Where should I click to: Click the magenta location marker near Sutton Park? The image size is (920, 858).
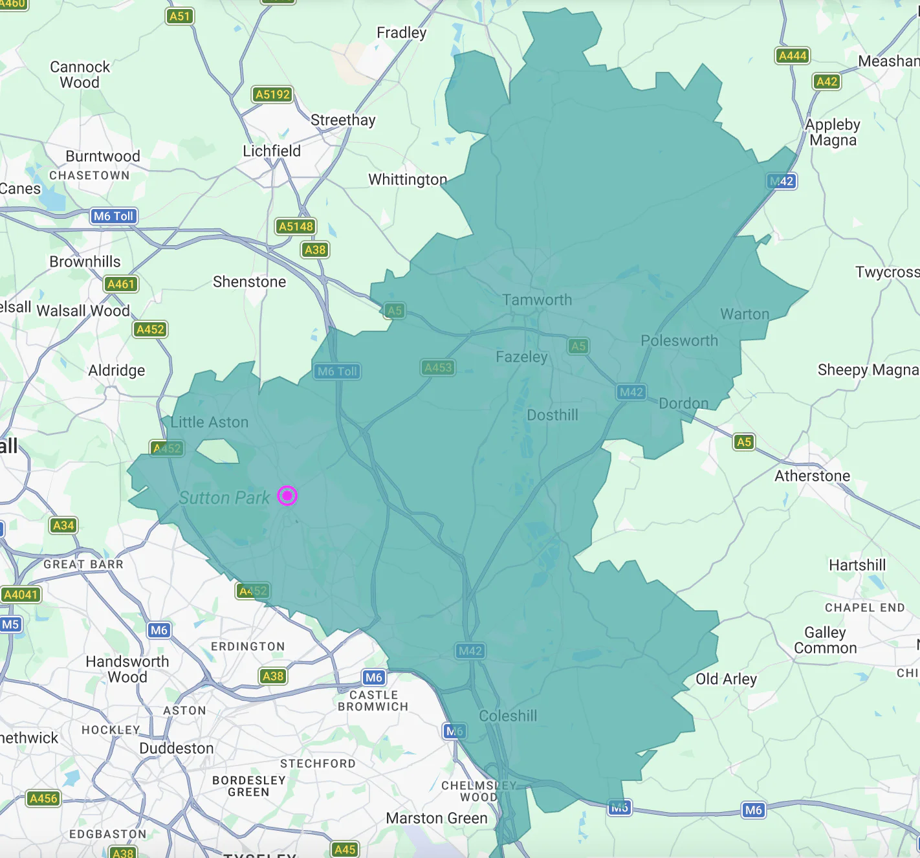[x=287, y=496]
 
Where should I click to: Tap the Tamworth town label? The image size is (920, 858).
[x=537, y=300]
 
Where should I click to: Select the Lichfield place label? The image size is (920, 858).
[x=272, y=151]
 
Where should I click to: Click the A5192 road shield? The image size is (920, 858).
[x=272, y=94]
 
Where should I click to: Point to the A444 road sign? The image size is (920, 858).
[x=793, y=56]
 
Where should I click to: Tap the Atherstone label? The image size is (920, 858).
[x=813, y=476]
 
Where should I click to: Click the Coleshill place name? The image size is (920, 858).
[x=508, y=716]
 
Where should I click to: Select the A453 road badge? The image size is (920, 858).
[x=438, y=368]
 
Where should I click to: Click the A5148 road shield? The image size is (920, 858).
[x=296, y=226]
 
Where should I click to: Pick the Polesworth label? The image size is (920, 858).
[x=679, y=340]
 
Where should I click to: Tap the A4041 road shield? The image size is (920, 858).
[x=21, y=595]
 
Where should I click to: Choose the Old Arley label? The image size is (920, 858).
[x=726, y=679]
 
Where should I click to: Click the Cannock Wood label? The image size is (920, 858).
[x=80, y=74]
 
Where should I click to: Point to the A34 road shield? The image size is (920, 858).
[x=63, y=525]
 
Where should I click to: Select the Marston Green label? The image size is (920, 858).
[x=437, y=818]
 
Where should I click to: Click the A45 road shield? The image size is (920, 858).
[x=345, y=850]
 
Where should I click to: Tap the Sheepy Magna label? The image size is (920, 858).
[x=868, y=369]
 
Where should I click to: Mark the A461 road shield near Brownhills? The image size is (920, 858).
[x=121, y=284]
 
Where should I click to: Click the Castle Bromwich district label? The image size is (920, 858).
[x=373, y=701]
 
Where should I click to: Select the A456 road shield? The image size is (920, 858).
[x=44, y=798]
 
